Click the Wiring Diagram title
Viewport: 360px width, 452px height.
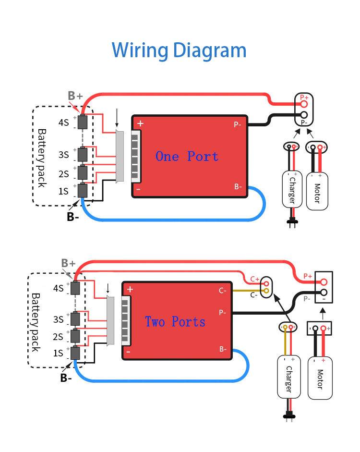coord(179,50)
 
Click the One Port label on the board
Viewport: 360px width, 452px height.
coord(187,156)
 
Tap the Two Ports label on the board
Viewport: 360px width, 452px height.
coord(175,321)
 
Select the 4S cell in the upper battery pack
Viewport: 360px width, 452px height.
coord(83,122)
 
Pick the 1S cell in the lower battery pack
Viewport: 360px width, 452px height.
coord(75,353)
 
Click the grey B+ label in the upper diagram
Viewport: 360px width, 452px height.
coord(75,95)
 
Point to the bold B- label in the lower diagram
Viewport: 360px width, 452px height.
coord(66,378)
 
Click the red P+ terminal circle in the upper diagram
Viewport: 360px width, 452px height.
coord(304,104)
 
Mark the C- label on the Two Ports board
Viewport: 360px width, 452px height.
coord(223,291)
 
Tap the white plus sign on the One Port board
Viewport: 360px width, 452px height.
coord(140,123)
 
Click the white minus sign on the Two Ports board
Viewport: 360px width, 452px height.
coord(129,352)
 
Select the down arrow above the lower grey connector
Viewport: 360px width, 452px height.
coord(108,288)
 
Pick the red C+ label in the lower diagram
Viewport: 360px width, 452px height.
coord(254,279)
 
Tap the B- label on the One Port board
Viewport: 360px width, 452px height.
coord(238,186)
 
